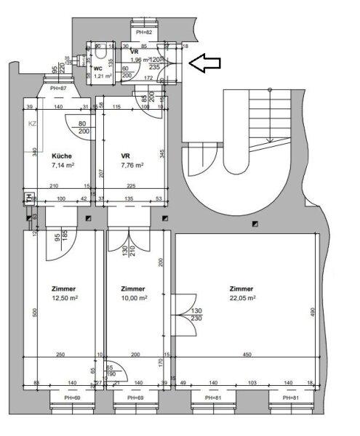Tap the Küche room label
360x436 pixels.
(x=62, y=156)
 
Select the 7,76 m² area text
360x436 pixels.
(x=132, y=165)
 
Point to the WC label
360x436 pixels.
(x=98, y=68)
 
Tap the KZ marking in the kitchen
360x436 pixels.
(x=32, y=124)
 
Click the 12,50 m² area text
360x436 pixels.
(x=64, y=297)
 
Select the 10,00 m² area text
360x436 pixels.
(x=135, y=297)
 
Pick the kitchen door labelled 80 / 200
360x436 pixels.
(x=78, y=127)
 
